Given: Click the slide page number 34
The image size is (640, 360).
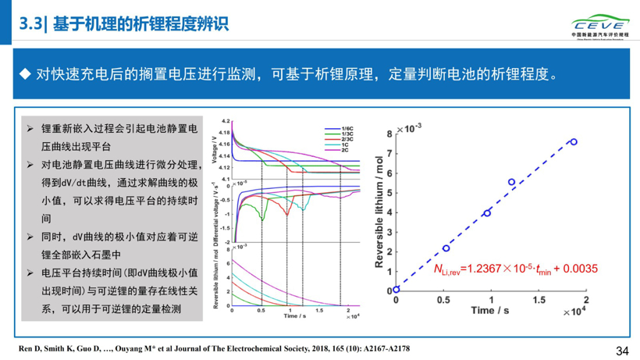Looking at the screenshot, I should click(x=622, y=351).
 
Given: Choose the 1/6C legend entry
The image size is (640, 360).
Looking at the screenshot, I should click(x=347, y=128).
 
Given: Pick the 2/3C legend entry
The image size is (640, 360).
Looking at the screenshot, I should click(x=347, y=139).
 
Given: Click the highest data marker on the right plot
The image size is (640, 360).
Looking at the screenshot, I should click(x=574, y=142).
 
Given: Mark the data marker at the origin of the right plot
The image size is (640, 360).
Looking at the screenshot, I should click(x=396, y=290).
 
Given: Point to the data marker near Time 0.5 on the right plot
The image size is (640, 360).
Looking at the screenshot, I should click(x=446, y=248).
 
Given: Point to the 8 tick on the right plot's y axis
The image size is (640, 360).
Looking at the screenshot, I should click(x=389, y=135).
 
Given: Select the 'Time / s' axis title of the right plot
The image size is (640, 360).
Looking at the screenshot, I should click(x=491, y=312).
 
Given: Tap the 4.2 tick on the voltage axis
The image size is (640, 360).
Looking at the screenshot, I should click(x=226, y=122).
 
